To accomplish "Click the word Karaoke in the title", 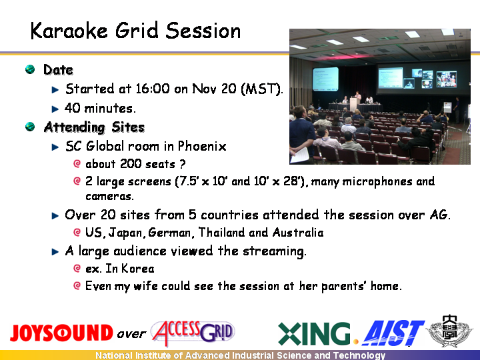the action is tap(69, 31).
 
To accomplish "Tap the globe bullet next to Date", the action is tap(30, 69).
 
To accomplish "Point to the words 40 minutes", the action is tap(100, 108).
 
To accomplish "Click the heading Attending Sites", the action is tap(94, 127).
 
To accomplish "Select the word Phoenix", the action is tap(202, 146).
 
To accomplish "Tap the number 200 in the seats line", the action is tap(131, 164).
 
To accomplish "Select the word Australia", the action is tap(298, 233).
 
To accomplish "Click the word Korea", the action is tap(138, 269).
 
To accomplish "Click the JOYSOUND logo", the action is tap(61, 333).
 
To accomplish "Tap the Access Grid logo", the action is tap(193, 333).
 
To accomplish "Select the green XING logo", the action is tap(315, 333).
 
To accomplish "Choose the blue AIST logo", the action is tap(393, 333).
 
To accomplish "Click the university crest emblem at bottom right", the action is tap(449, 331).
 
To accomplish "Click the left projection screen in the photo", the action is tap(325, 79).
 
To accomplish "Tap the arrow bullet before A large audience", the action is tap(55, 251).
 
